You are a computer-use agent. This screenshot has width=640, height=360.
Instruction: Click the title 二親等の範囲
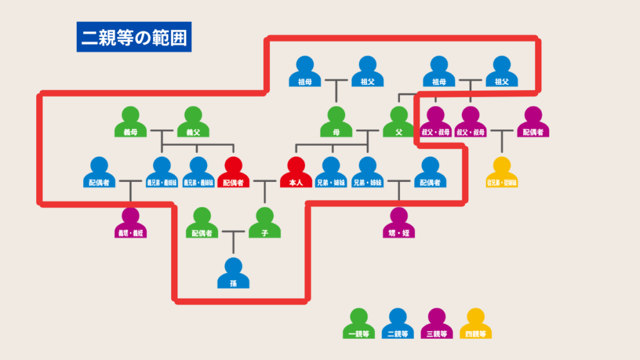pyautogui.click(x=134, y=37)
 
